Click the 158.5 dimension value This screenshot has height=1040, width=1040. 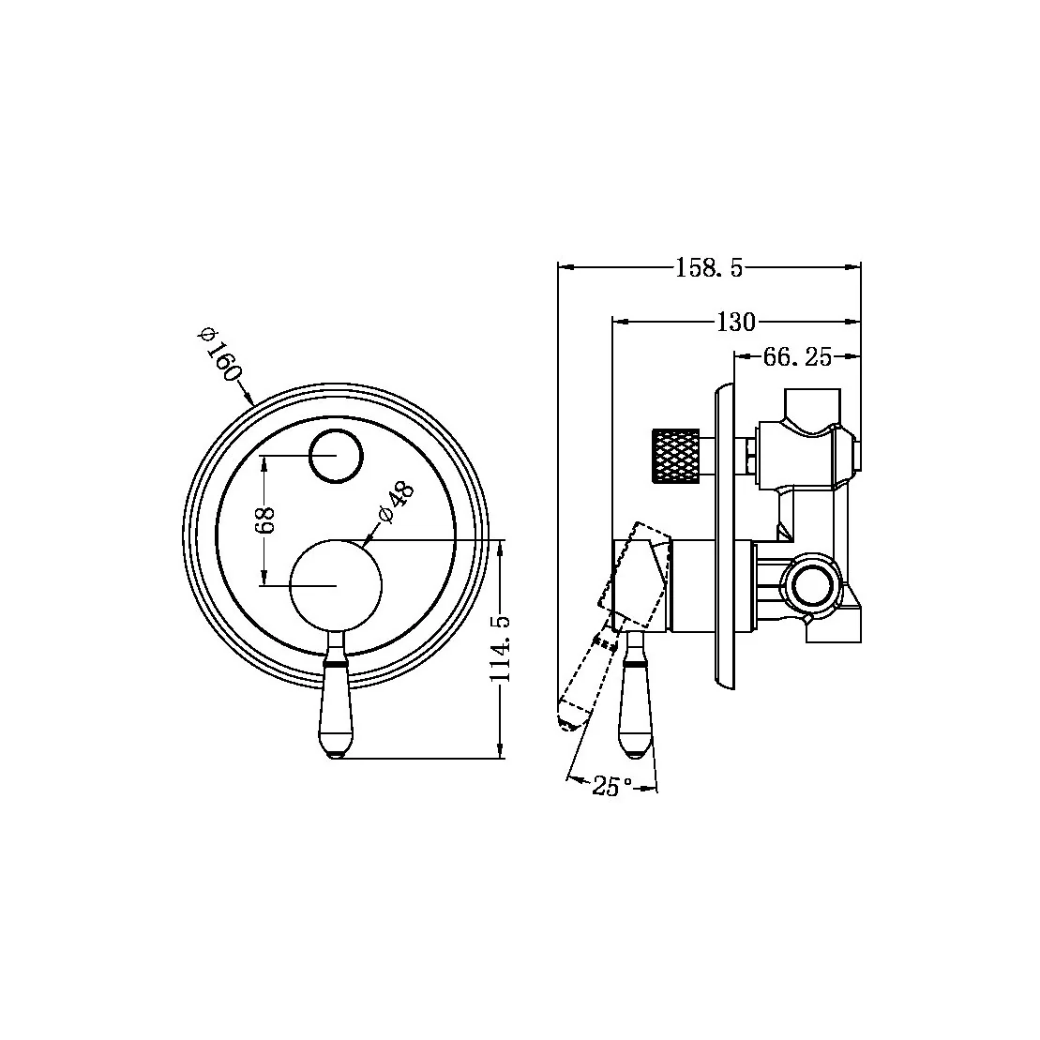[709, 268]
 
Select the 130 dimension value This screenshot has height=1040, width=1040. [735, 322]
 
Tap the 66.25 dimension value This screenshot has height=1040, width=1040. [798, 357]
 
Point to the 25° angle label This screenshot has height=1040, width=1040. [612, 786]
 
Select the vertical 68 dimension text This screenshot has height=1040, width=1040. [265, 520]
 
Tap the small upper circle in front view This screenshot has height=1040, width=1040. [336, 456]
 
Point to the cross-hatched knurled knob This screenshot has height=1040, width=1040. [675, 455]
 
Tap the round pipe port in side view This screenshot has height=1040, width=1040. [811, 585]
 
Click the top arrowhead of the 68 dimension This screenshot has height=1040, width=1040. [265, 461]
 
